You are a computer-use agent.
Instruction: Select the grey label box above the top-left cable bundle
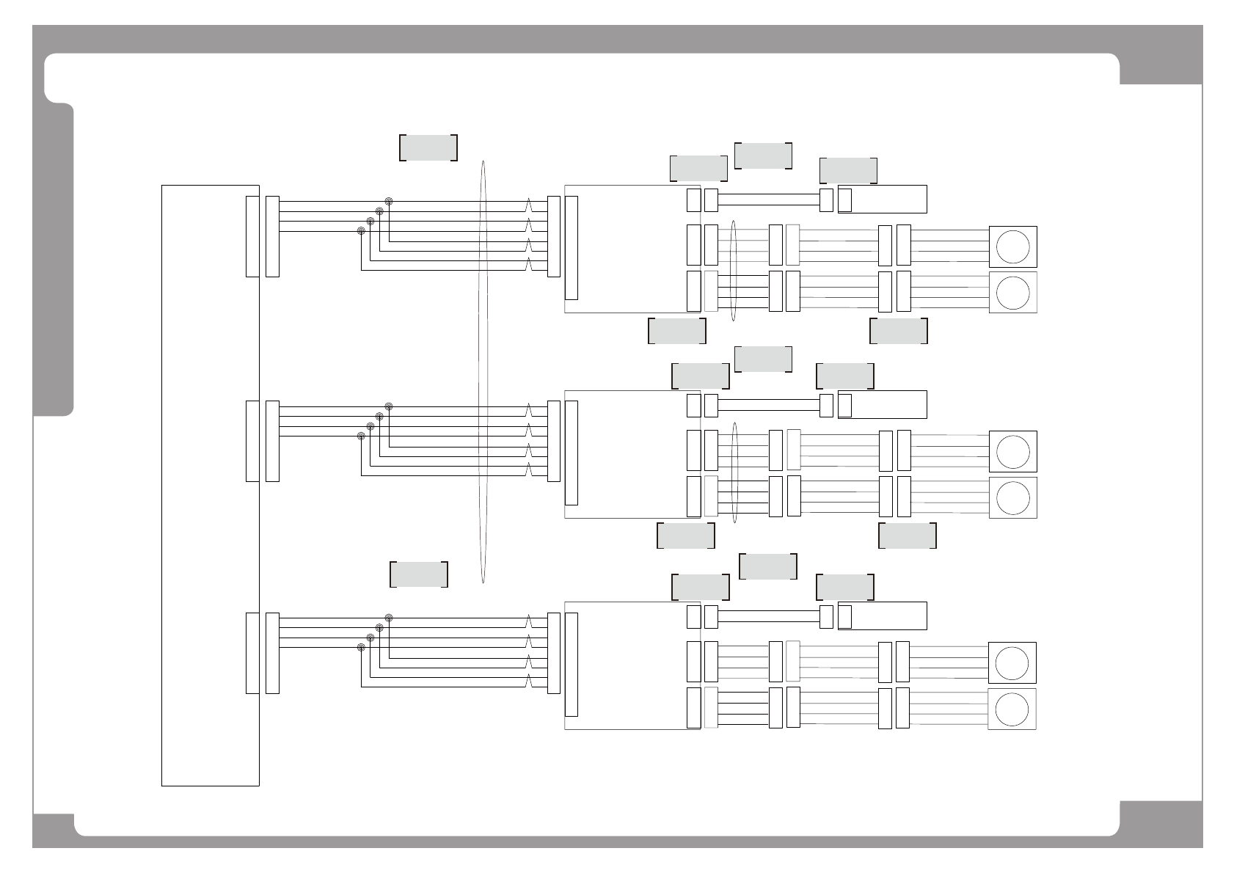click(x=428, y=147)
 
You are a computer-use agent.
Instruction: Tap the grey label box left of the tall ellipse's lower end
click(x=419, y=574)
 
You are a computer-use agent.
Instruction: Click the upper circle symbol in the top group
click(x=1013, y=246)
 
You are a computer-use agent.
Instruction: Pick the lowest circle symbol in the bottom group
click(x=1012, y=709)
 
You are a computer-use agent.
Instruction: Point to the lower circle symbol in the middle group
click(x=1013, y=497)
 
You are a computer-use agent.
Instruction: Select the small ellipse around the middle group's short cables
click(x=734, y=473)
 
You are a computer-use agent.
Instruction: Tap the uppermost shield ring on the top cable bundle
click(x=389, y=201)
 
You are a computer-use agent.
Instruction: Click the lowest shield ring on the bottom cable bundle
click(x=361, y=648)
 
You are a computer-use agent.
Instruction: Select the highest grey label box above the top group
click(x=763, y=156)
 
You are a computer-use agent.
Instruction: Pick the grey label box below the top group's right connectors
click(x=899, y=331)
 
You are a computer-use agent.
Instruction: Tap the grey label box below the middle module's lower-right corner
click(x=686, y=536)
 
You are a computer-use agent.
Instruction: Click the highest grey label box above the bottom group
click(x=768, y=566)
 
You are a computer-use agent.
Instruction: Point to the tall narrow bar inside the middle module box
click(x=572, y=453)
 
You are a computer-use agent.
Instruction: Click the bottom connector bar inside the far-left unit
click(x=252, y=653)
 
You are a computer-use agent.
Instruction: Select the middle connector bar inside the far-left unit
click(x=252, y=441)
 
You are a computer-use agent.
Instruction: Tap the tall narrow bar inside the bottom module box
click(x=572, y=665)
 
